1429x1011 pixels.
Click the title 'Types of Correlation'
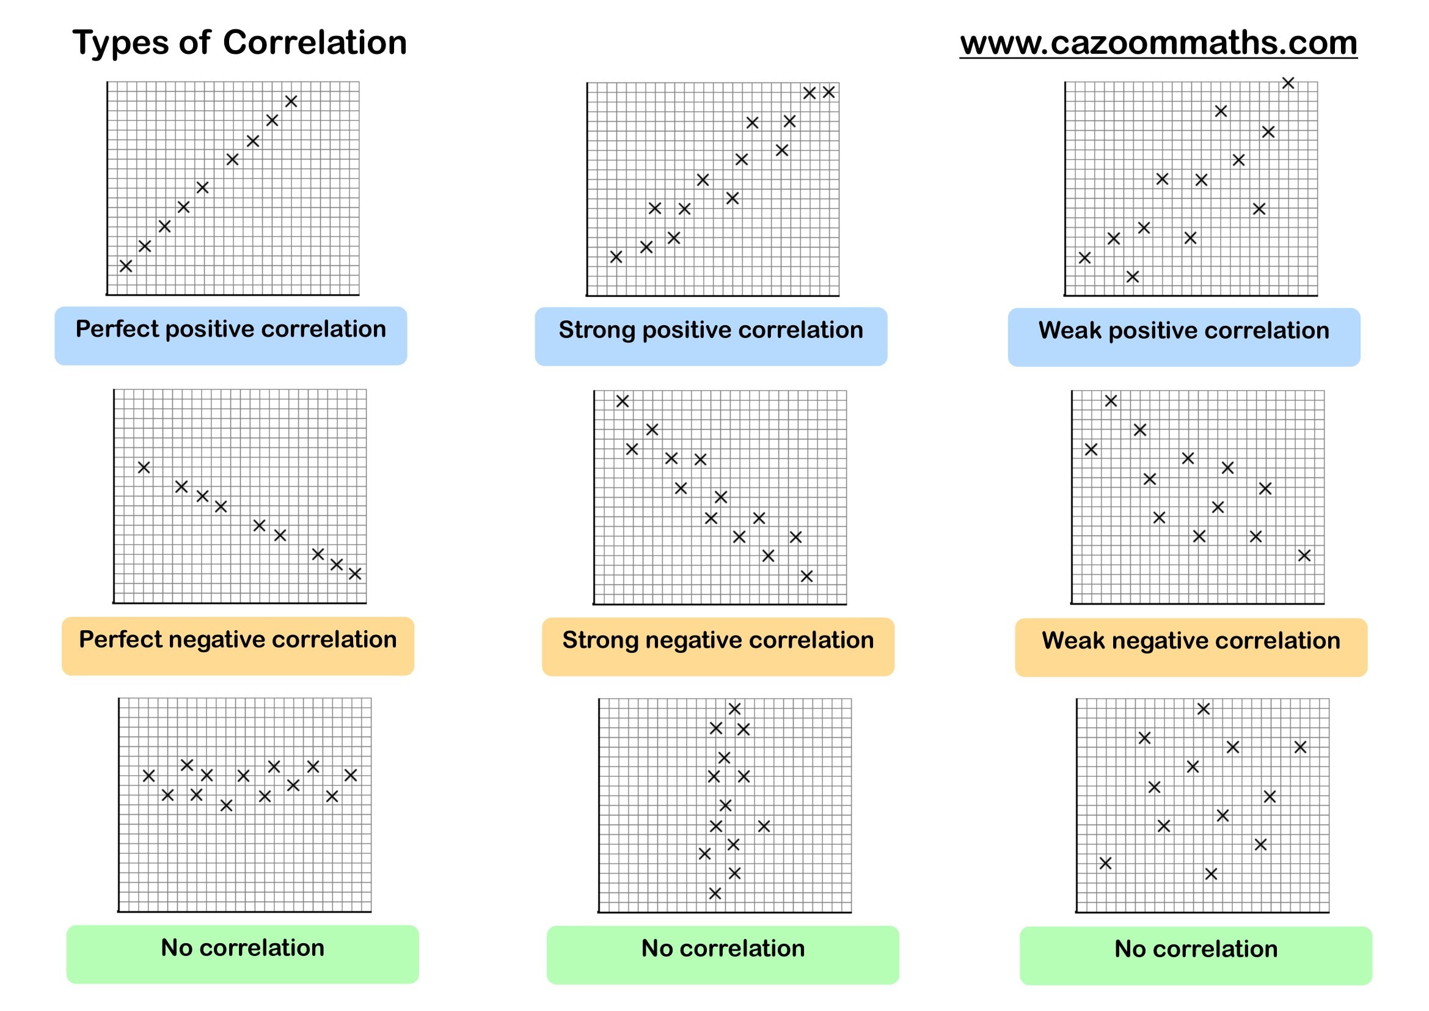(239, 43)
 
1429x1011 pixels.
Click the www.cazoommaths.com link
(1158, 43)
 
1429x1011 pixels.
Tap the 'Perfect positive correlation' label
(231, 329)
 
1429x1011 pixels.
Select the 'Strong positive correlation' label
(711, 330)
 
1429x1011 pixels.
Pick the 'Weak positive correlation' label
(1184, 331)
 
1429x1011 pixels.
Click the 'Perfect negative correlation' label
(238, 639)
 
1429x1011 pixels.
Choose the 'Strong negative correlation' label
(718, 640)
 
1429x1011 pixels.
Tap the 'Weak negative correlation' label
(1191, 641)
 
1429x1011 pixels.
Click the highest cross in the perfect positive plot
(291, 101)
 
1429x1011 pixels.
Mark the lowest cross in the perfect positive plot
(126, 266)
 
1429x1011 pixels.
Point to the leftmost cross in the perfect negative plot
(144, 467)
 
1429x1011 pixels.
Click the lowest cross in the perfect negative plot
(356, 573)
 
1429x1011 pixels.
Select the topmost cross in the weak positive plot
(1288, 83)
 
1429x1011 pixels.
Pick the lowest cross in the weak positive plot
(1133, 276)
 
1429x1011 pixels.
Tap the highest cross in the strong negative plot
(623, 401)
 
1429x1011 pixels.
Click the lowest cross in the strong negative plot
(806, 576)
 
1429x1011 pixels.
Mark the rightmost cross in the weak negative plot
(1304, 555)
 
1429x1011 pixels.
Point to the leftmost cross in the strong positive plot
(616, 257)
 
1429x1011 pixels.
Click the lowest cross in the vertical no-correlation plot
(715, 894)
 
